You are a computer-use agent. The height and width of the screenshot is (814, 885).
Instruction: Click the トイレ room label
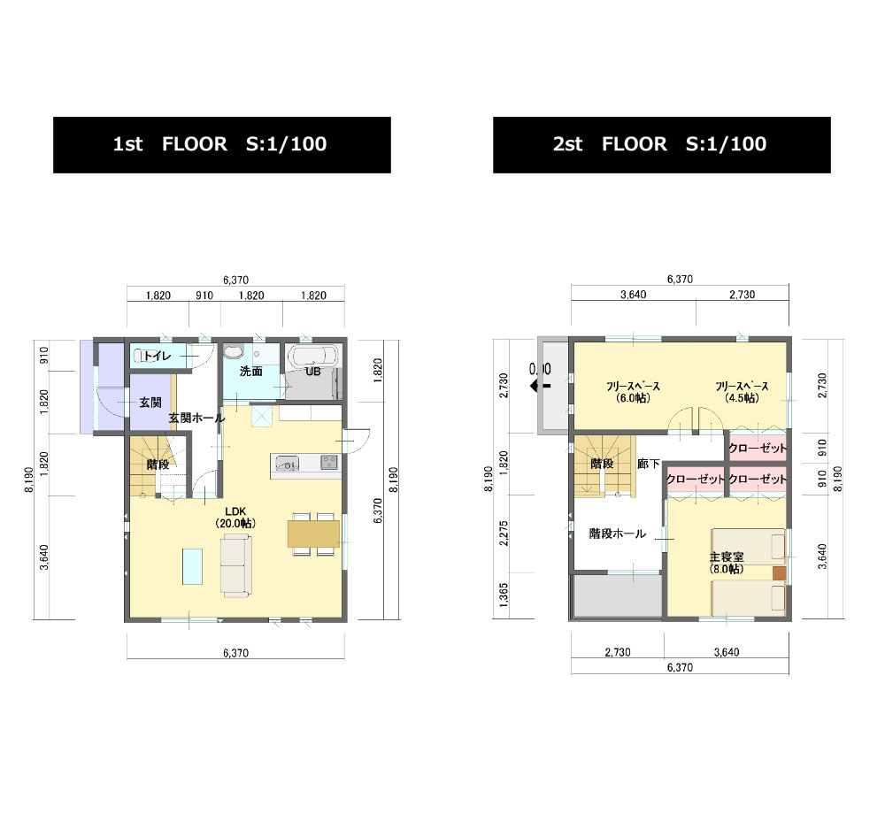point(157,356)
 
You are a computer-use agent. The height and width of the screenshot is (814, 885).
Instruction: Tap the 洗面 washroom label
point(251,372)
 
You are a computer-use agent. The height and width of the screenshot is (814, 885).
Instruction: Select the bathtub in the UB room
point(312,357)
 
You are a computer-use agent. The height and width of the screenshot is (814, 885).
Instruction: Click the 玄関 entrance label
point(150,403)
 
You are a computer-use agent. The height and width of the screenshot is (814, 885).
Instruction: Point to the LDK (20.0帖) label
point(235,518)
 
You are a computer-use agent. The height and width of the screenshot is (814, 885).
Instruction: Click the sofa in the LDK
point(236,565)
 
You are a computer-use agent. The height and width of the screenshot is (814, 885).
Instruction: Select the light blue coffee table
point(192,566)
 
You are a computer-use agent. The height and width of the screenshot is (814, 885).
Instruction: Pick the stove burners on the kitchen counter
point(329,462)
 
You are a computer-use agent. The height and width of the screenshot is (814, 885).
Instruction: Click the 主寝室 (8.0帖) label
point(727,563)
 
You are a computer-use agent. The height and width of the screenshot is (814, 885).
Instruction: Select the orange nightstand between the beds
point(779,572)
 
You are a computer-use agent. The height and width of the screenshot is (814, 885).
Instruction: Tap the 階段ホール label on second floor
point(618,534)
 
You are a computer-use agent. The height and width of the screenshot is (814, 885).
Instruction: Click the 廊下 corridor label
point(649,464)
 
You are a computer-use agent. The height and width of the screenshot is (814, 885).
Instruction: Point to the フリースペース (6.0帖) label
point(633,392)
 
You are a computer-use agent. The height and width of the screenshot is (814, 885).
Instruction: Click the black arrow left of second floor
point(540,386)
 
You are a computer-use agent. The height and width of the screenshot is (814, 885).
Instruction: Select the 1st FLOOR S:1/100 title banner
point(222,144)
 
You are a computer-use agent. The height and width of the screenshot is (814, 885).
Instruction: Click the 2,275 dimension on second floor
point(504,533)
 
